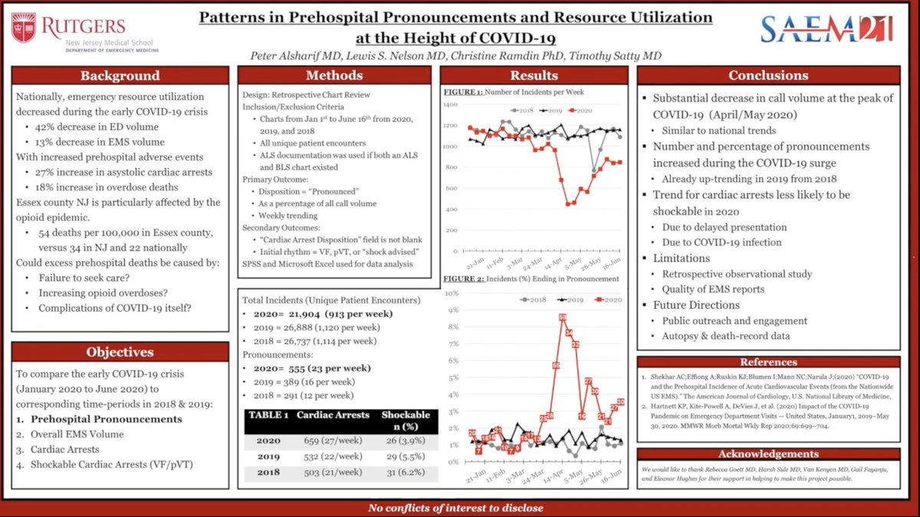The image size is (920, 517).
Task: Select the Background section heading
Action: pos(120,75)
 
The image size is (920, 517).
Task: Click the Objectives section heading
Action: pos(120,352)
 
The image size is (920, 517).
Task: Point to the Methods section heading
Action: pos(334,75)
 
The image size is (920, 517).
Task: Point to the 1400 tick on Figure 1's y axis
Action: pos(449,105)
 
